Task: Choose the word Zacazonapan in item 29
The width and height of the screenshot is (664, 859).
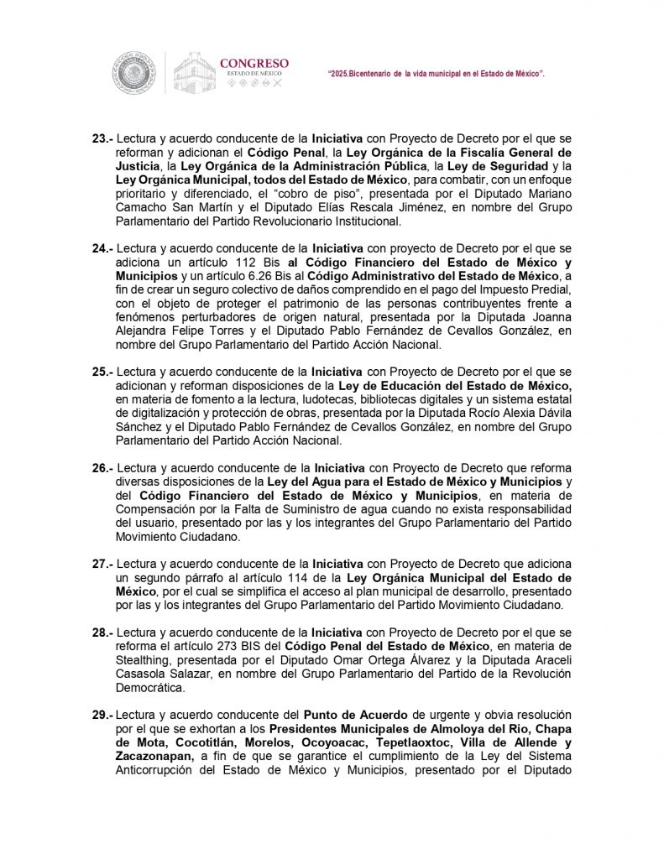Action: (155, 755)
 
